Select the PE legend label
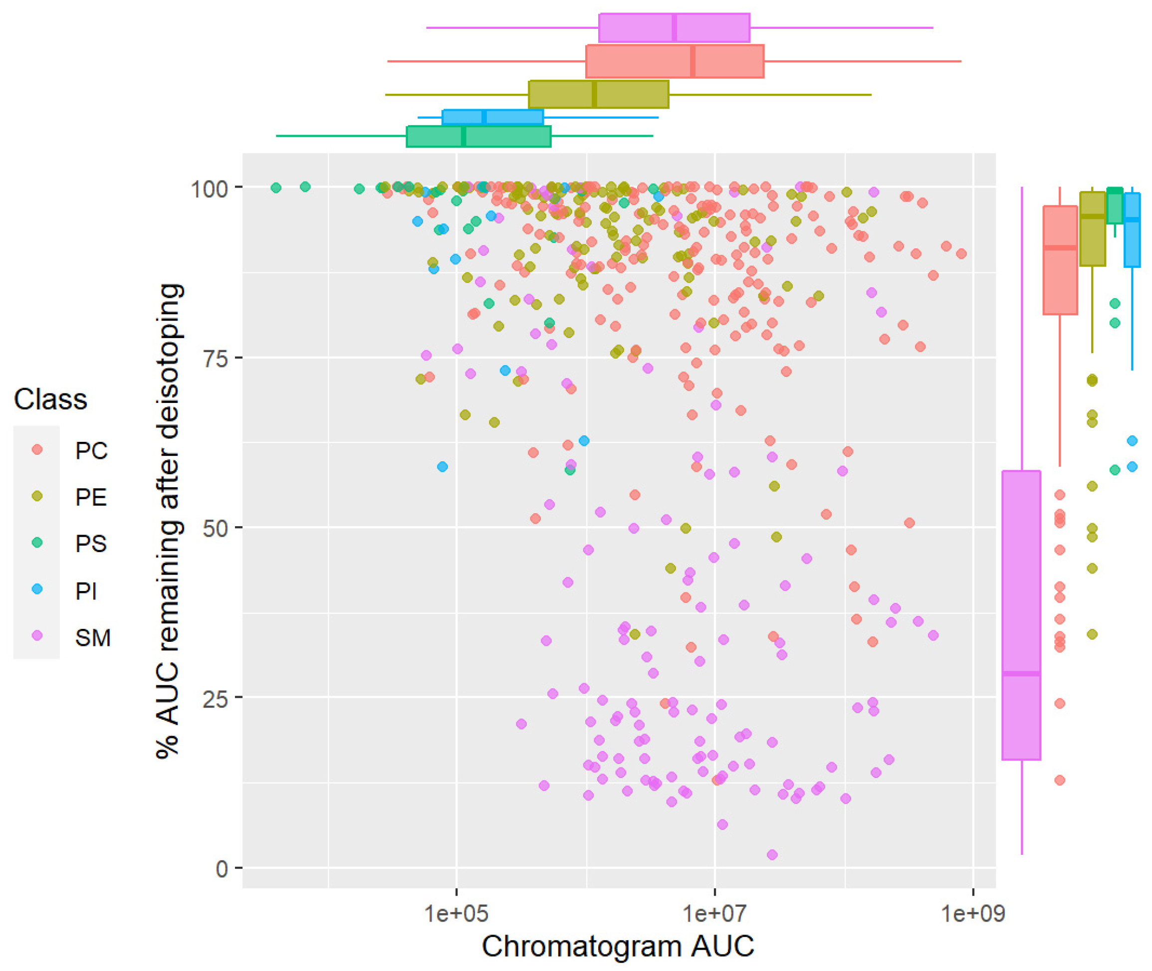91,498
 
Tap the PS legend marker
37,543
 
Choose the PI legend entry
85,590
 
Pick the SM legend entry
92,637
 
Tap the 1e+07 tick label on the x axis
714,914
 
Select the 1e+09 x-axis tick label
973,914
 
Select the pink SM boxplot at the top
674,27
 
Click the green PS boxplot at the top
478,137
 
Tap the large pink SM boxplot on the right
1021,615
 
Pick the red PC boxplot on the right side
1060,260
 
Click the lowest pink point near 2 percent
772,855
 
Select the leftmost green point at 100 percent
276,188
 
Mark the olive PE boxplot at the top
598,95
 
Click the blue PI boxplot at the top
492,117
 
